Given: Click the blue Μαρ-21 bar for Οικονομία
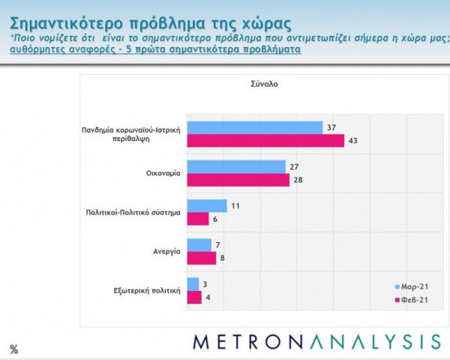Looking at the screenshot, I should pyautogui.click(x=235, y=166).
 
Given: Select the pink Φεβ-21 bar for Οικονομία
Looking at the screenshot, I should pyautogui.click(x=237, y=180).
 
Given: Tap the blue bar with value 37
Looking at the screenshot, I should pyautogui.click(x=254, y=127).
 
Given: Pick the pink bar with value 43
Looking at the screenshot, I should pyautogui.click(x=265, y=141).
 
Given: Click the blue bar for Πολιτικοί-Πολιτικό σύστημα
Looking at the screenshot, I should pyautogui.click(x=206, y=205).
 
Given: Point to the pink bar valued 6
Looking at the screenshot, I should pyautogui.click(x=197, y=219).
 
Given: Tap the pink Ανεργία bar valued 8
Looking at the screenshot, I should pyautogui.click(x=201, y=258).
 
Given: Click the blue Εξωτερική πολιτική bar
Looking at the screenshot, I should pyautogui.click(x=193, y=283).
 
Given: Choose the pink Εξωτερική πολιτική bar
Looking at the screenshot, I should pyautogui.click(x=194, y=297).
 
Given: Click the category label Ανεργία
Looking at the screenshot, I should pyautogui.click(x=167, y=251).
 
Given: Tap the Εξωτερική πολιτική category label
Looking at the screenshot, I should pyautogui.click(x=148, y=290).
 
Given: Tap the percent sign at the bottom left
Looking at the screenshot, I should pyautogui.click(x=13, y=349).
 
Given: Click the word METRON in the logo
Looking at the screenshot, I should pyautogui.click(x=246, y=341).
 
